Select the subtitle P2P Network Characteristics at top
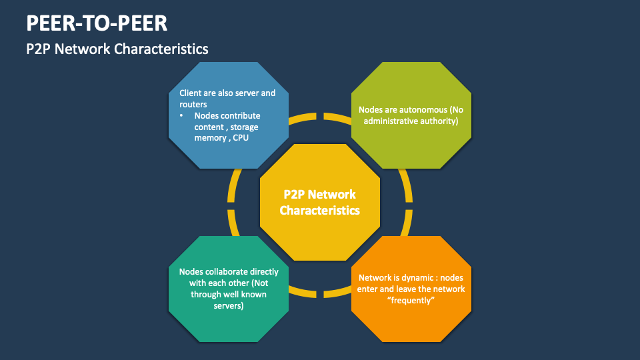117,49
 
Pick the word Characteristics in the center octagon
319,211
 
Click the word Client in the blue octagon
191,93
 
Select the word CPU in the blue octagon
242,137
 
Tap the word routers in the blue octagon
193,104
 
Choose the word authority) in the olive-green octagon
435,121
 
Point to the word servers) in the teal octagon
229,306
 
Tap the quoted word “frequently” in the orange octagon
411,301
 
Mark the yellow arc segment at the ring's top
319,116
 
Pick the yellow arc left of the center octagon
233,203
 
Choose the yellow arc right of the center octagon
406,203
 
